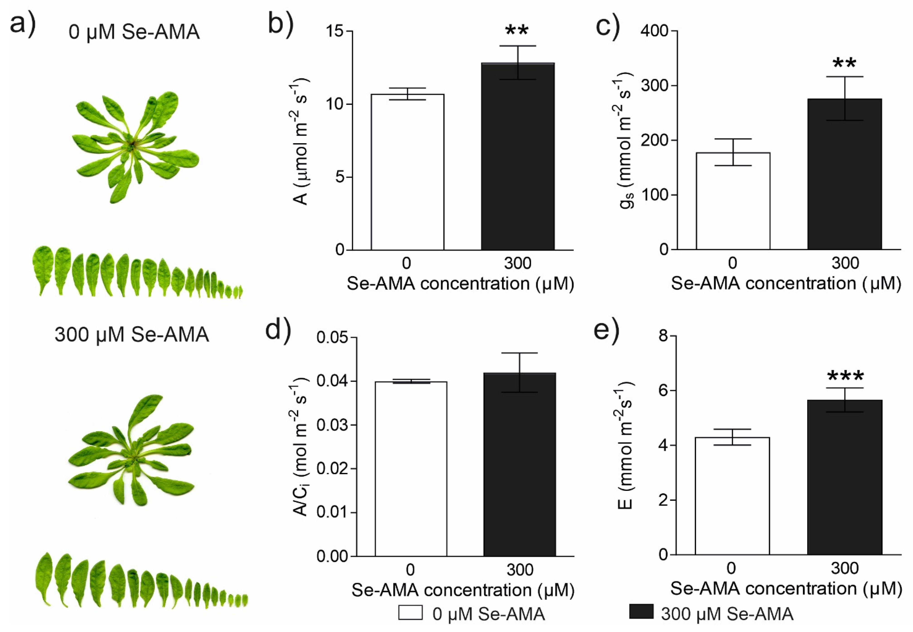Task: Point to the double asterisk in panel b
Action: pyautogui.click(x=517, y=31)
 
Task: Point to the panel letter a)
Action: pyautogui.click(x=23, y=24)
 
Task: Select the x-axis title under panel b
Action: pyautogui.click(x=460, y=284)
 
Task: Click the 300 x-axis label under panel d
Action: pyautogui.click(x=519, y=570)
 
